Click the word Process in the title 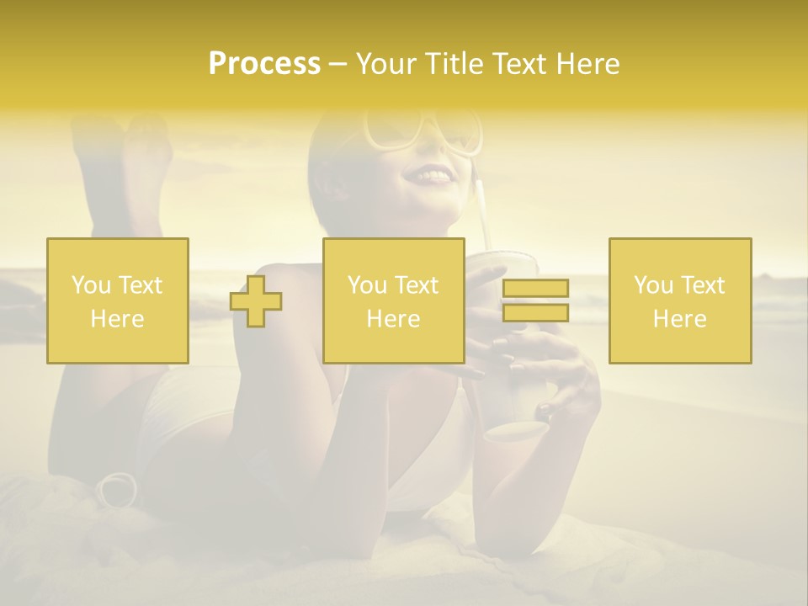coord(264,64)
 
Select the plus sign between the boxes coord(256,301)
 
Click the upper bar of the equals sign coord(535,289)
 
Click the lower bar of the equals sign coord(535,313)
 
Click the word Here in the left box coord(117,319)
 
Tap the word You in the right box coord(653,285)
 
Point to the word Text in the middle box coord(416,285)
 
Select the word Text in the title coord(518,64)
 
